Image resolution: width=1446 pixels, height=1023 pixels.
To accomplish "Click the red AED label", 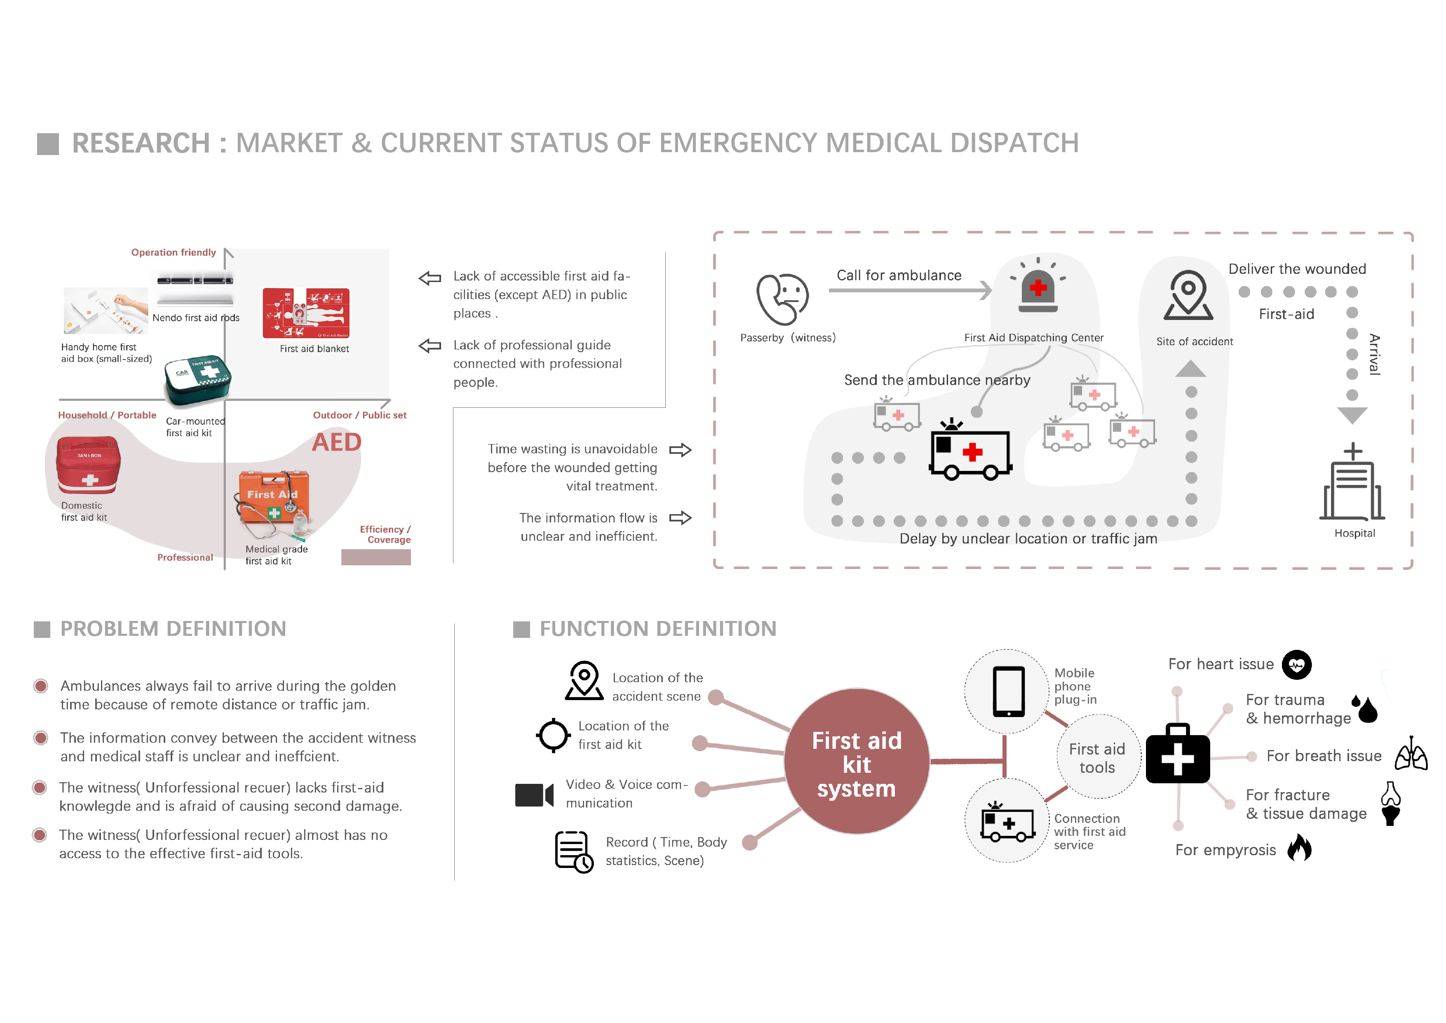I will click(337, 442).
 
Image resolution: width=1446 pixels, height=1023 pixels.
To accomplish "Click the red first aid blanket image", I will click(306, 313).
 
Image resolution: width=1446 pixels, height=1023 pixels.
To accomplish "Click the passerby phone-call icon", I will click(782, 298).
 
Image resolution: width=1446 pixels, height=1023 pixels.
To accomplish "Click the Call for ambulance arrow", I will click(910, 290).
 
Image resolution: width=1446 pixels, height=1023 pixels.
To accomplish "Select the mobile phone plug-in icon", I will click(1008, 691).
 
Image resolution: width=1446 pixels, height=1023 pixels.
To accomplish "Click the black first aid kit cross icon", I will click(1178, 754).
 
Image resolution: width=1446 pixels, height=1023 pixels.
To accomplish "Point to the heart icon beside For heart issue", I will click(1297, 665).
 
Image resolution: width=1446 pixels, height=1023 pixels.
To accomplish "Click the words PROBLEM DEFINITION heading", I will click(173, 629).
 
